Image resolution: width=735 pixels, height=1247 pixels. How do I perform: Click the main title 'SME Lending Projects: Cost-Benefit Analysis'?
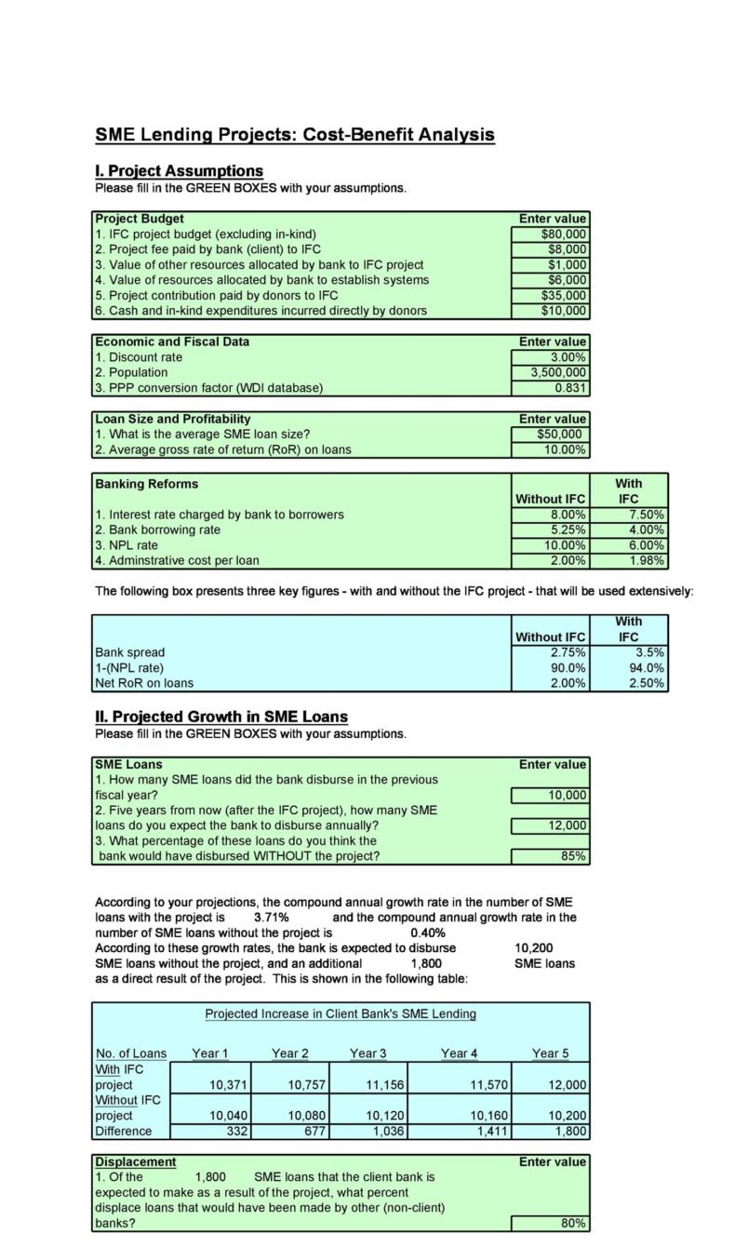tap(295, 135)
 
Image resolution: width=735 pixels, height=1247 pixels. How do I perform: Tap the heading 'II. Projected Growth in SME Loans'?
tap(221, 717)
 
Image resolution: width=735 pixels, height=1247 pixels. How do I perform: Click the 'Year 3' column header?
tap(368, 1053)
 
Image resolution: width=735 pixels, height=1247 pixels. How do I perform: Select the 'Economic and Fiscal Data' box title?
tap(172, 342)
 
